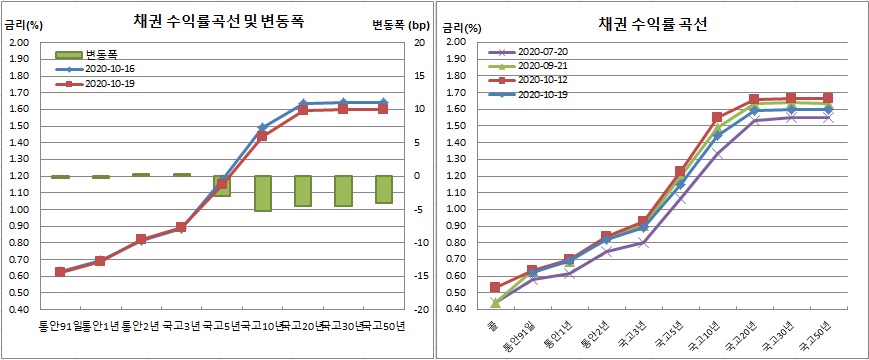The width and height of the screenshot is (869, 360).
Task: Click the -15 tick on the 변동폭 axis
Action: [x=418, y=276]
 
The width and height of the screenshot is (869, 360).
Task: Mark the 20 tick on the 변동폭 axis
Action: [x=419, y=42]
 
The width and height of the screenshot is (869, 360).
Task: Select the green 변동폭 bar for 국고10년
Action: [x=262, y=193]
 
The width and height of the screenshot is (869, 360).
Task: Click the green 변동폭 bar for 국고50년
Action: [x=384, y=189]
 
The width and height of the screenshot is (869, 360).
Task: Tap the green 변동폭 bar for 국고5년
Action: [x=221, y=185]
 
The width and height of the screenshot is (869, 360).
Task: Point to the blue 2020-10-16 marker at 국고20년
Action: [x=303, y=104]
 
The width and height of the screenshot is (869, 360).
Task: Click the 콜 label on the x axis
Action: [x=495, y=326]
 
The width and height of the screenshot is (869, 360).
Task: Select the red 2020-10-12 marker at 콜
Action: [x=495, y=287]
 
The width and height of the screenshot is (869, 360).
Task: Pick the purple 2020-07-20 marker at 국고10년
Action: [x=715, y=153]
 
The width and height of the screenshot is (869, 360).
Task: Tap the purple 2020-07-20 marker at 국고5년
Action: [x=678, y=197]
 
